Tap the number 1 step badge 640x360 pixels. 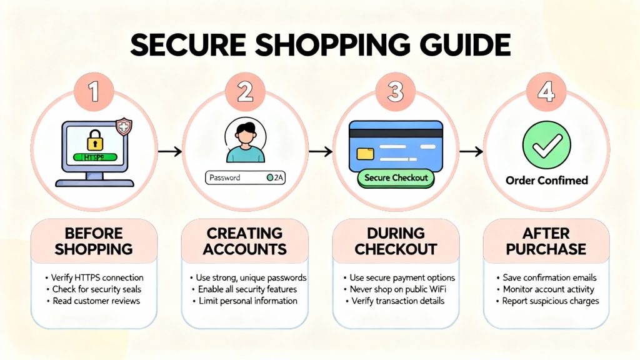[x=94, y=92]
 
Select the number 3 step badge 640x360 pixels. [x=395, y=92]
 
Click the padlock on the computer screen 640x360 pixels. [x=94, y=139]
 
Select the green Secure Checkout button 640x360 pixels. [x=396, y=178]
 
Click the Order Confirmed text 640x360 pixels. [x=546, y=181]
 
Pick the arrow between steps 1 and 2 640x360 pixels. [x=170, y=151]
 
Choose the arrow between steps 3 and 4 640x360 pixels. [x=472, y=151]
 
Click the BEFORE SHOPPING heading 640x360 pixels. [x=94, y=241]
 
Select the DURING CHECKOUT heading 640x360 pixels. [x=396, y=241]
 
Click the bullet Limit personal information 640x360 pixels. [x=244, y=301]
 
